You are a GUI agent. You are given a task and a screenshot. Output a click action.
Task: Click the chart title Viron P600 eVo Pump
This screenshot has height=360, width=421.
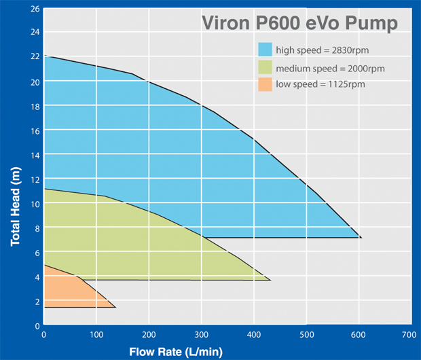[x=299, y=22]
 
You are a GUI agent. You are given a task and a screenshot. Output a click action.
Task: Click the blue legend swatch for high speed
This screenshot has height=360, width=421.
[x=265, y=50]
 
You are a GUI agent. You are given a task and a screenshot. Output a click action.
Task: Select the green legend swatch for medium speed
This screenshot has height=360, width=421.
[x=265, y=68]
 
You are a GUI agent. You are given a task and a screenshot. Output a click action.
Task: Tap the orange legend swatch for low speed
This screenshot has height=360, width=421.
[x=265, y=85]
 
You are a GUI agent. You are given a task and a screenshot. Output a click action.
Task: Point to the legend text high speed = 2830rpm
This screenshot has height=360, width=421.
[x=323, y=50]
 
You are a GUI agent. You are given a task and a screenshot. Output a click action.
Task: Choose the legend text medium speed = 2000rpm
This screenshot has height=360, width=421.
[x=331, y=68]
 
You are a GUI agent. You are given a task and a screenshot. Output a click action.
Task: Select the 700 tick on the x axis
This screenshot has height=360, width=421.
[x=409, y=335]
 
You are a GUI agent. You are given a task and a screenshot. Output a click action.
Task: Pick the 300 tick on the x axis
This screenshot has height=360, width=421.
[x=200, y=335]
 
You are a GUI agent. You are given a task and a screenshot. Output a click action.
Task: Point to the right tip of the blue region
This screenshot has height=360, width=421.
[x=361, y=238]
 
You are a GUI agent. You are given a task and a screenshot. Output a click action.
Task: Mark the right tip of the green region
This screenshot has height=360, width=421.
[x=270, y=280]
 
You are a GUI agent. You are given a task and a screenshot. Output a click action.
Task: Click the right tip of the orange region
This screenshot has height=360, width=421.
[x=115, y=308]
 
